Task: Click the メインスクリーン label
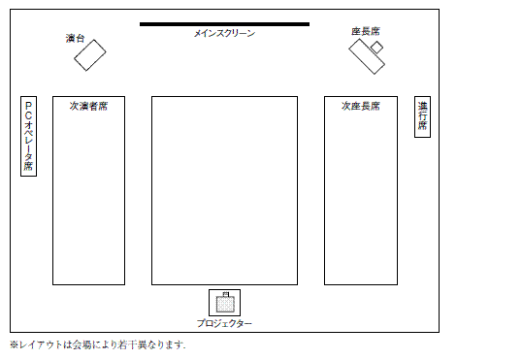(x=224, y=33)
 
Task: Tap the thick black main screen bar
(x=224, y=23)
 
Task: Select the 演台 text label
(x=75, y=38)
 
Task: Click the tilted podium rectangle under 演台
(x=89, y=55)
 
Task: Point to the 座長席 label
(x=365, y=31)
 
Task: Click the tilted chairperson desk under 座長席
(x=367, y=57)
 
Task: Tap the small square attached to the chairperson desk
(x=376, y=48)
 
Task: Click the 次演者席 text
(x=88, y=106)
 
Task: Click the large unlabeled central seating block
(x=223, y=190)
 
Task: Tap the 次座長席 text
(x=360, y=106)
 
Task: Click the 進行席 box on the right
(x=422, y=117)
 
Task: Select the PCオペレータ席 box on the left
(x=29, y=137)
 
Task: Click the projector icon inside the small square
(x=224, y=302)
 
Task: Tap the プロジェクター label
(x=224, y=323)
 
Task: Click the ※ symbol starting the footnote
(x=14, y=344)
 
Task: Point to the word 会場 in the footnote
(x=85, y=344)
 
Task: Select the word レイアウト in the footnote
(x=40, y=344)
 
